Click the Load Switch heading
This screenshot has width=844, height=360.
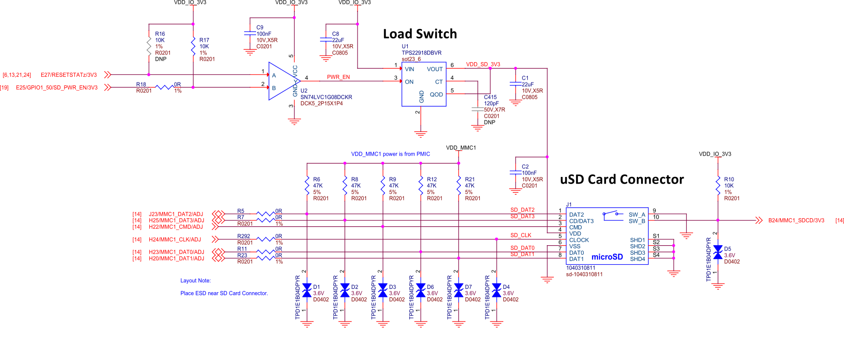(420, 34)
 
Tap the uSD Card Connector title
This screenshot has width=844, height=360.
(622, 179)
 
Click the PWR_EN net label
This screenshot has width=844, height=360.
(338, 77)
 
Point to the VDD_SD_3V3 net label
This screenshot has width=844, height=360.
(483, 65)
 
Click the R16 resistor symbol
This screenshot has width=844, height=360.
(149, 46)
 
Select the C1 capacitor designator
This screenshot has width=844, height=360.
(525, 78)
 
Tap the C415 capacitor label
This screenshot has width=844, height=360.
(490, 97)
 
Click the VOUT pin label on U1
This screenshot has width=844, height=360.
(434, 69)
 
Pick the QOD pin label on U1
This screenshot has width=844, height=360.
(436, 94)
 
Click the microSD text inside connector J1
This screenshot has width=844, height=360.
(607, 257)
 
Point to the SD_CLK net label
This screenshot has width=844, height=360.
(521, 235)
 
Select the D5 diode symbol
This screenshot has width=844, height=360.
(718, 252)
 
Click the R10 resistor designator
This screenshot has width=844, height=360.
(729, 179)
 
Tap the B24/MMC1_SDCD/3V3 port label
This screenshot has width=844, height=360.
(796, 221)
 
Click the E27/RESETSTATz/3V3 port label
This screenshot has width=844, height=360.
(69, 75)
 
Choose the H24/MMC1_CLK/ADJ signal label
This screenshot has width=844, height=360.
(174, 240)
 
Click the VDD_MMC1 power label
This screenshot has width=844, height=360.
(461, 148)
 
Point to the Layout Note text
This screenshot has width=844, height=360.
(195, 281)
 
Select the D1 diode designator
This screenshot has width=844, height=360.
(316, 287)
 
